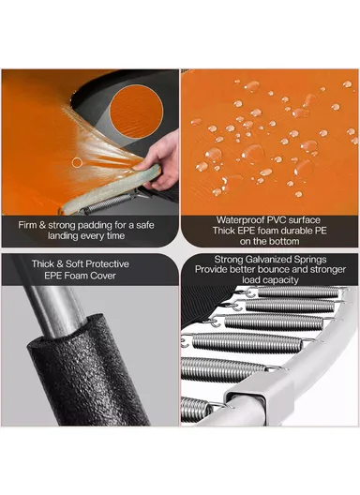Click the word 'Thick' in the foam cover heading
tap(42, 264)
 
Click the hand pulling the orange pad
tap(160, 161)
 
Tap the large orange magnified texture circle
tap(137, 112)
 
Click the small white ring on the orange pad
tap(77, 162)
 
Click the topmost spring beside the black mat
tap(297, 292)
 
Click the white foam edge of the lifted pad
tap(112, 188)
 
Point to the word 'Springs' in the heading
tap(310, 260)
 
